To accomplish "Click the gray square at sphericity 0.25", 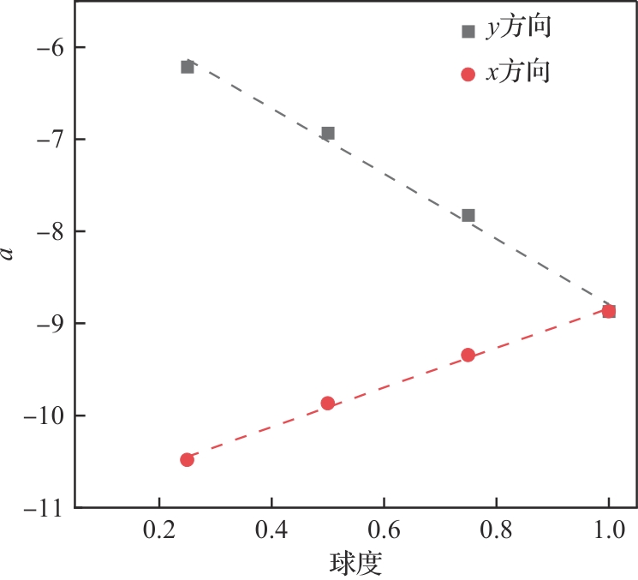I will click(x=188, y=67).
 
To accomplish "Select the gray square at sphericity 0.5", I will click(x=327, y=133).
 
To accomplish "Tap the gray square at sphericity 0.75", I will click(x=468, y=215).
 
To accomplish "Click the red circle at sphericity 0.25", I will click(x=188, y=459).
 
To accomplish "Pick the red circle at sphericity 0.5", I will click(x=327, y=403).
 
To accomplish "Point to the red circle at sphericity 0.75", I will click(x=468, y=355).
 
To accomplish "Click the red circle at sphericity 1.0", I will click(x=609, y=311).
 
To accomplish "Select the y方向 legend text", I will click(x=517, y=29).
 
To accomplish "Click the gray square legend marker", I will click(x=468, y=31).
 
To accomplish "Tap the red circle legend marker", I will click(x=468, y=75).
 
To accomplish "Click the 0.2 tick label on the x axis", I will click(x=159, y=530).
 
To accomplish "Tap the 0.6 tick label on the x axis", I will click(x=384, y=530).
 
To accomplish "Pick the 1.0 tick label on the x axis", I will click(x=608, y=530).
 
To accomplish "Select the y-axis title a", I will click(x=9, y=253).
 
